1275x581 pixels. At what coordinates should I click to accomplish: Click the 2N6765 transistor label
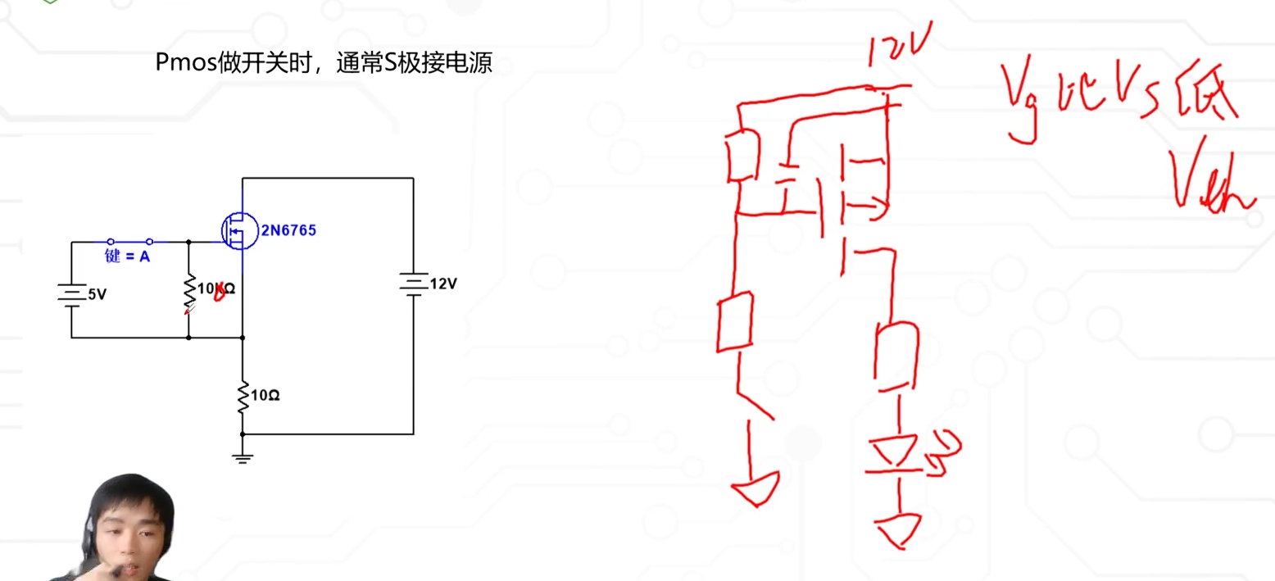click(x=288, y=231)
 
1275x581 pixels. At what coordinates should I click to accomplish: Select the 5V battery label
click(x=96, y=295)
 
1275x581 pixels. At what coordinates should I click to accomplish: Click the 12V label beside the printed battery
click(x=442, y=284)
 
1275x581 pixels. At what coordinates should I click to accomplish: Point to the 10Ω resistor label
click(x=265, y=395)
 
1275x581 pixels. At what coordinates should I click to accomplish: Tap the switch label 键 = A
click(x=128, y=256)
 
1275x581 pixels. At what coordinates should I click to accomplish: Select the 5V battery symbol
click(x=71, y=293)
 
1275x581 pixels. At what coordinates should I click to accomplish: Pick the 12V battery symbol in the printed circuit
click(x=412, y=284)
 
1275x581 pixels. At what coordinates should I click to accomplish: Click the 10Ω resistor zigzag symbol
click(x=243, y=396)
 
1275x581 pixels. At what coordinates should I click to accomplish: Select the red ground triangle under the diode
click(x=899, y=528)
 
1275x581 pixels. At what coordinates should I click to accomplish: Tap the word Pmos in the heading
click(x=186, y=63)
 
